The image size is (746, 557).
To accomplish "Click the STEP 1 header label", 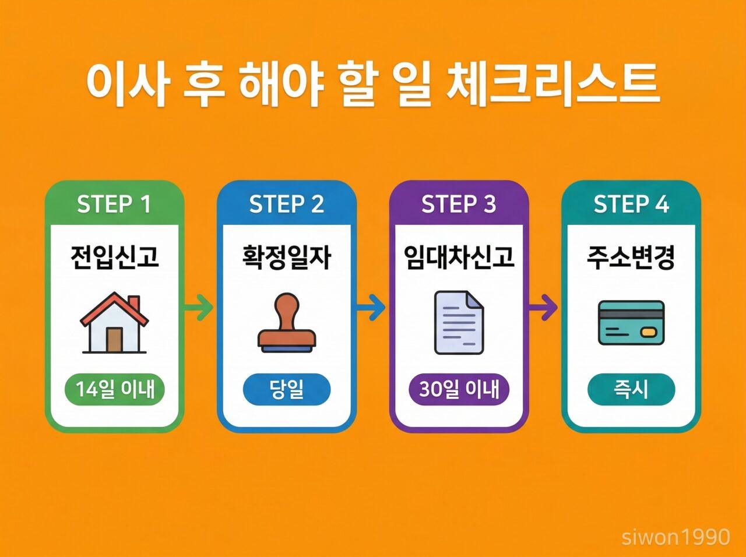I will [x=114, y=205].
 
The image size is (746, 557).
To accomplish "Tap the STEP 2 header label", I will [x=286, y=205].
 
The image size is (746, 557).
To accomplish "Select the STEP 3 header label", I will [x=459, y=205].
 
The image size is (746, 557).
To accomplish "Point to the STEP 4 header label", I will [x=631, y=205].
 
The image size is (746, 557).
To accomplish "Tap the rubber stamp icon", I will [x=286, y=323].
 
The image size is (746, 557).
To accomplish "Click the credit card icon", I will [x=631, y=322].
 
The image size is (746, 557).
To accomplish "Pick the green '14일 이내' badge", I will [x=114, y=389].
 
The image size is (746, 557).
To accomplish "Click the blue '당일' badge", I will [x=286, y=389].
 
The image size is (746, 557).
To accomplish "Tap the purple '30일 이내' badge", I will [x=459, y=389].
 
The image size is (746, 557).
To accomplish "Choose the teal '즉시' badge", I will [x=631, y=389].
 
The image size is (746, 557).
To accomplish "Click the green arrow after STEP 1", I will [x=199, y=308].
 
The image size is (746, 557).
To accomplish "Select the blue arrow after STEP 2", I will [x=371, y=308].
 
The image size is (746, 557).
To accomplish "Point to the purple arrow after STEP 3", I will [x=544, y=308].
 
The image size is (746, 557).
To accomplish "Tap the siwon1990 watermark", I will [x=675, y=537].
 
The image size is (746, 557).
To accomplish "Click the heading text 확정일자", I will [x=286, y=257].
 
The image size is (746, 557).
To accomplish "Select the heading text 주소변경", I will [x=631, y=257].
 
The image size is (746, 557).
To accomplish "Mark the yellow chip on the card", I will [x=649, y=332].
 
